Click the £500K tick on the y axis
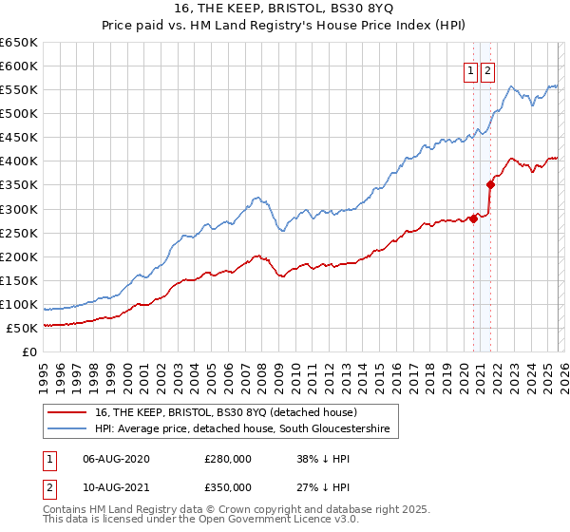[x=19, y=114]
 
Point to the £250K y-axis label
[x=19, y=233]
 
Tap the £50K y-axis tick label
[x=23, y=328]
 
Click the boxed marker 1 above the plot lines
[x=471, y=69]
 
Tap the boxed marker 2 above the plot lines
[x=488, y=69]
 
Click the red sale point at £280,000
[x=473, y=218]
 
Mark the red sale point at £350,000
[x=490, y=184]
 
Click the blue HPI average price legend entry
[x=242, y=429]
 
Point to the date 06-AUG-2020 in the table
[x=116, y=458]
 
